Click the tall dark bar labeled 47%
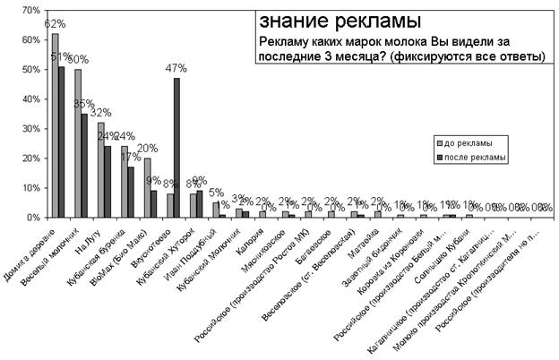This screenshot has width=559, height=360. [176, 148]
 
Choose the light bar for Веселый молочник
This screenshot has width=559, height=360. [78, 143]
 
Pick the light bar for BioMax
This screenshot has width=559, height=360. [147, 187]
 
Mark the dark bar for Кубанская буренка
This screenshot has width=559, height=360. [131, 192]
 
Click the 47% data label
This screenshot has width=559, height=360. [176, 68]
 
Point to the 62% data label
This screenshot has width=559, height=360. [54, 23]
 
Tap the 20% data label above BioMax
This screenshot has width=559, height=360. [147, 149]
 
